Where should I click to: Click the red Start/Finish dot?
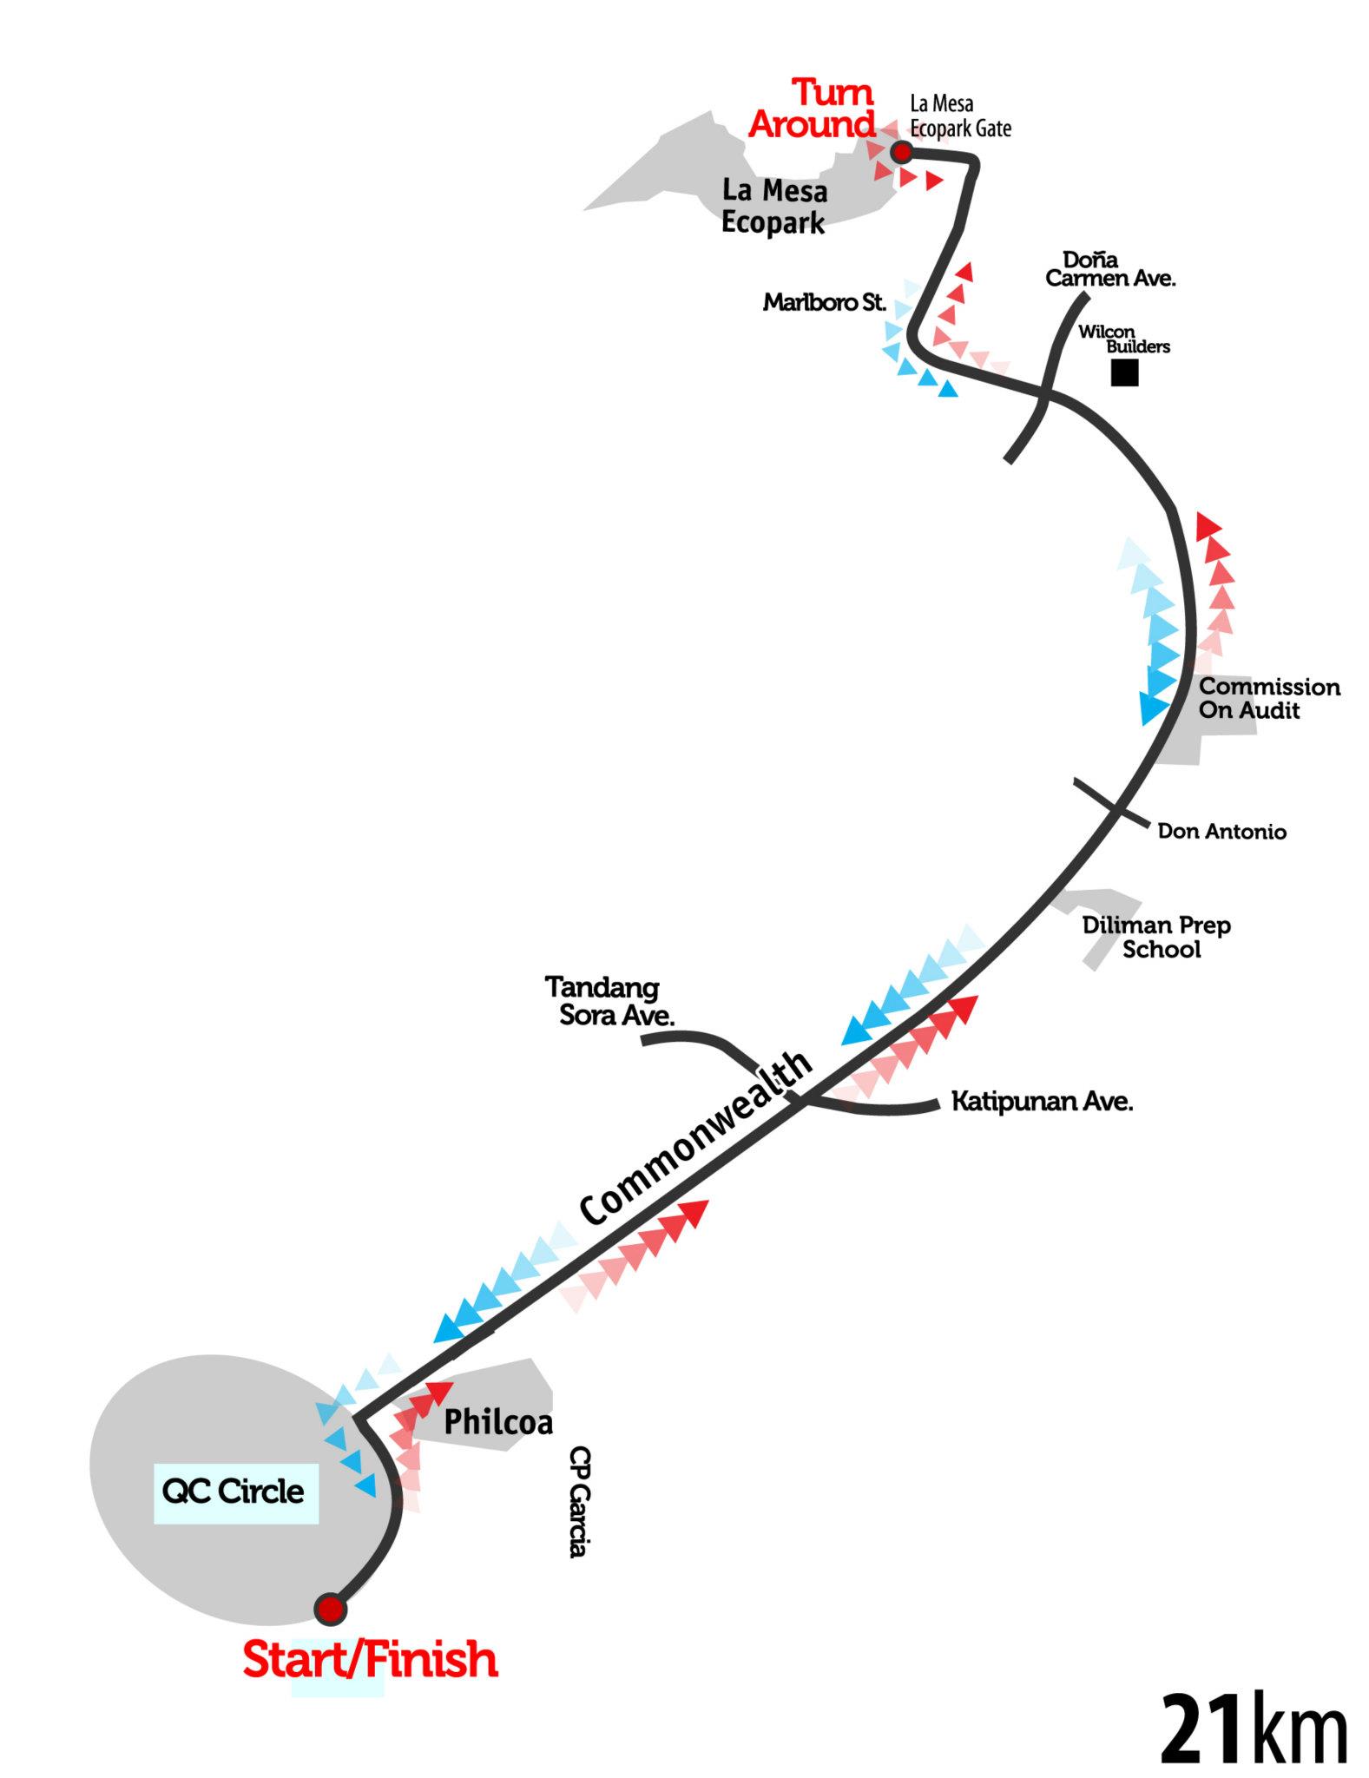(x=330, y=1609)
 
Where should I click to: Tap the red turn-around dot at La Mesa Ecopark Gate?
(x=902, y=153)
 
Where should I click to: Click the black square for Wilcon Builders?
(x=1125, y=373)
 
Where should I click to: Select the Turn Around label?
(x=813, y=109)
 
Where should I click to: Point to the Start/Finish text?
(x=371, y=1660)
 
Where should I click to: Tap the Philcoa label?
(x=498, y=1422)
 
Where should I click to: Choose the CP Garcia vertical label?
(x=578, y=1501)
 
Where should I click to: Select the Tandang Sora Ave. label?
(x=609, y=1001)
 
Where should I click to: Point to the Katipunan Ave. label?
(x=1043, y=1102)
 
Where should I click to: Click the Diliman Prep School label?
(x=1156, y=937)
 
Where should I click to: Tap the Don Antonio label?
(x=1221, y=831)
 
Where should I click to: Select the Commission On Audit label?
(x=1269, y=698)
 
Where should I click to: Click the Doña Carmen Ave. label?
(x=1109, y=269)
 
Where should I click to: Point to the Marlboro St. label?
(x=825, y=303)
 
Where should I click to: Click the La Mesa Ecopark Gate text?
(x=960, y=116)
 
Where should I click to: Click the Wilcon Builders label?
(x=1123, y=339)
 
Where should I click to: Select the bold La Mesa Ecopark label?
(x=774, y=206)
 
